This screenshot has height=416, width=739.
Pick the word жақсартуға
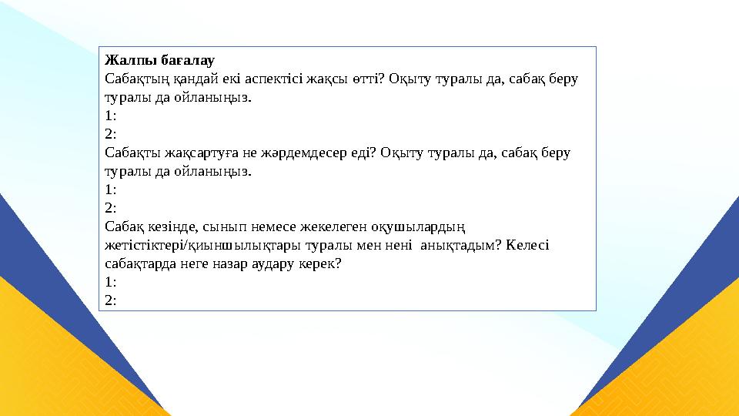click(186, 153)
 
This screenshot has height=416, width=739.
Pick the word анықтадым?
click(444, 245)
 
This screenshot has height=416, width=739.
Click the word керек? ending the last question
click(325, 263)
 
